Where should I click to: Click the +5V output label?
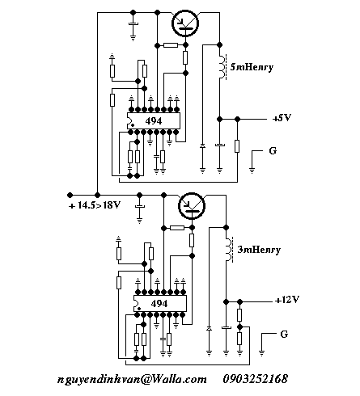[282, 118]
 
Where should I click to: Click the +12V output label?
[287, 300]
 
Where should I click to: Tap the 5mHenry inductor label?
[252, 67]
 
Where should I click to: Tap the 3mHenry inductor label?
[259, 250]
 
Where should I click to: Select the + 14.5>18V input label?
[95, 205]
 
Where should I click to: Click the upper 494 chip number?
[154, 121]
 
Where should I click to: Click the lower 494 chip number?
[159, 304]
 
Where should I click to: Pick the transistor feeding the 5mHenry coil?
[185, 23]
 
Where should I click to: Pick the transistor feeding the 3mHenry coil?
[192, 206]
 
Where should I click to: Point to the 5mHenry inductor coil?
[222, 67]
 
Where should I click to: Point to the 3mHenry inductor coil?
[228, 250]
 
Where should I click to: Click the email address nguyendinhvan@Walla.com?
[132, 380]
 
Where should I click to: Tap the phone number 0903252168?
[255, 379]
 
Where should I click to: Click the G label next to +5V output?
[273, 150]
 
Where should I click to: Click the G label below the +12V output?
[284, 335]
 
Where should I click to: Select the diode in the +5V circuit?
[202, 146]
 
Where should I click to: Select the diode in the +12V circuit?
[209, 329]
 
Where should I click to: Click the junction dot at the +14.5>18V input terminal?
[70, 195]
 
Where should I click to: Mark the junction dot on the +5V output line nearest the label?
[237, 119]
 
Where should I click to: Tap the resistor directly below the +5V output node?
[237, 146]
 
